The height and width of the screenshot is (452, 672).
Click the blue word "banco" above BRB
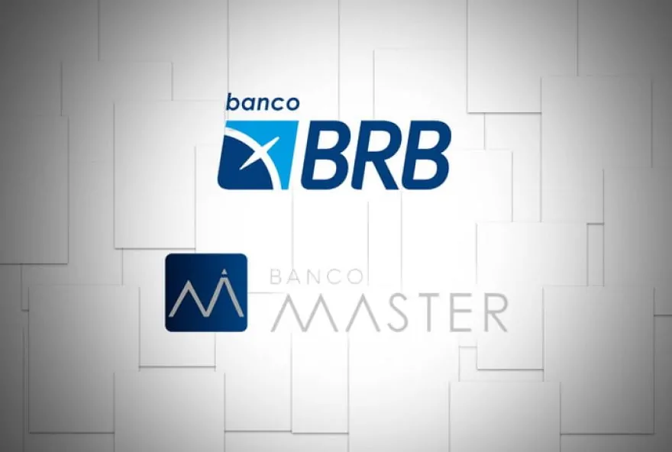click(262, 102)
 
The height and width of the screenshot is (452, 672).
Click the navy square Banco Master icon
click(206, 292)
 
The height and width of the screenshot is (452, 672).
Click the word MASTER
click(389, 314)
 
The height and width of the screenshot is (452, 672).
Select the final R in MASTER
click(494, 314)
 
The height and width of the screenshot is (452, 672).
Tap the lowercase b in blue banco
click(231, 101)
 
